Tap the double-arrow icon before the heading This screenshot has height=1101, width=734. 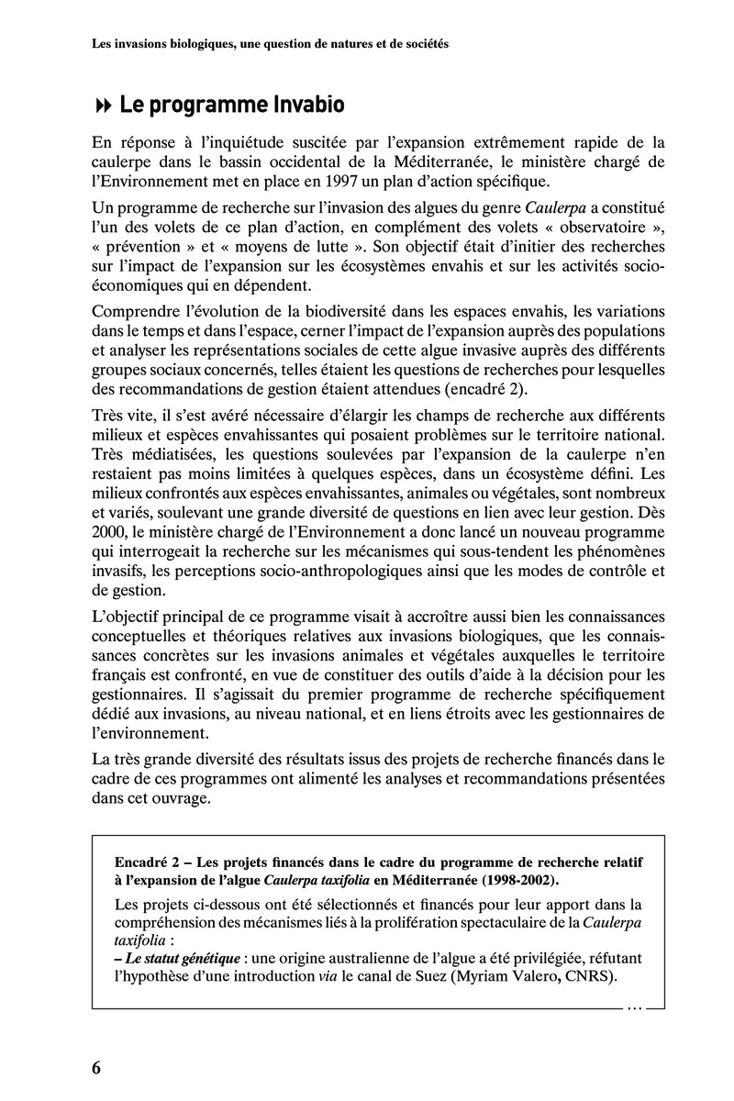click(x=103, y=106)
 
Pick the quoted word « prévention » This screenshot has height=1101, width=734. click(x=139, y=247)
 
